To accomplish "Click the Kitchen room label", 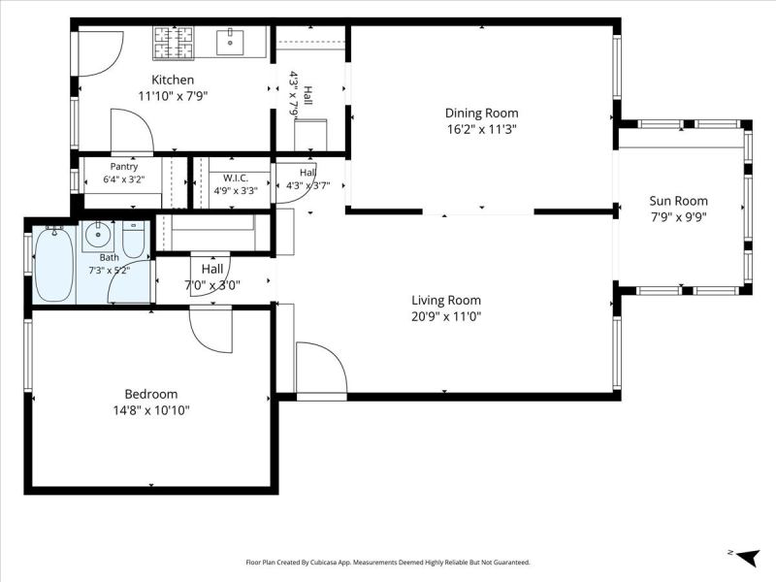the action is click(x=173, y=80).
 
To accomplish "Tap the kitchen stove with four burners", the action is click(x=174, y=43).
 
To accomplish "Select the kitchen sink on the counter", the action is click(x=230, y=42).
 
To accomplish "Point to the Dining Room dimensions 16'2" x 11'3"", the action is click(x=481, y=130).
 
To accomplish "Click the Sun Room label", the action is click(x=678, y=201).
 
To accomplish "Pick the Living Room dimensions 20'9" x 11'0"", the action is click(x=446, y=316).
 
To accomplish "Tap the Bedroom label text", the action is click(x=151, y=394).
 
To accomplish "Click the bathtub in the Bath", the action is click(x=54, y=264).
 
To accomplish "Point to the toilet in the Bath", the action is click(x=133, y=239).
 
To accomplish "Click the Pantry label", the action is click(x=124, y=167).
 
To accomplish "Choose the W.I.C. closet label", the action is click(x=236, y=178).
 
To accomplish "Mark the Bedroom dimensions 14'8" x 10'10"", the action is click(x=151, y=410).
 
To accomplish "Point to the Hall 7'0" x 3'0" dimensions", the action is click(x=212, y=285).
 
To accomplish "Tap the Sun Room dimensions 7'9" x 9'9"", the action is click(x=678, y=217).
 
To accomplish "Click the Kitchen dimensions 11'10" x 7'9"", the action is click(x=173, y=96).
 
